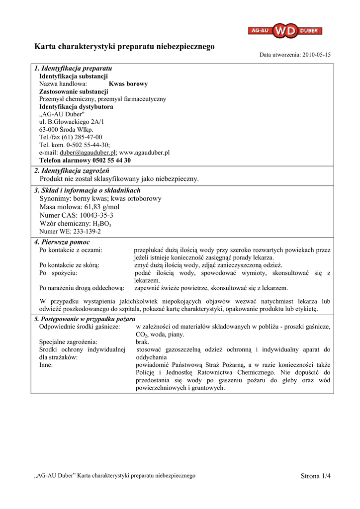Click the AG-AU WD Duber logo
click(285, 31)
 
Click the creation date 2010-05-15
click(316, 55)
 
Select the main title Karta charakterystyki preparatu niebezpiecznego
click(124, 47)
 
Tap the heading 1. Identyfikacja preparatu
click(73, 68)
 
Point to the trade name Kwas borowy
click(128, 84)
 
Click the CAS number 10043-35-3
click(96, 215)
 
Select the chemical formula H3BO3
click(102, 224)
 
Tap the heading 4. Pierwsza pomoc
click(62, 242)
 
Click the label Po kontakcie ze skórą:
click(70, 265)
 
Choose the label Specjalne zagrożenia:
click(69, 342)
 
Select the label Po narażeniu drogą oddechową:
click(82, 288)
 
